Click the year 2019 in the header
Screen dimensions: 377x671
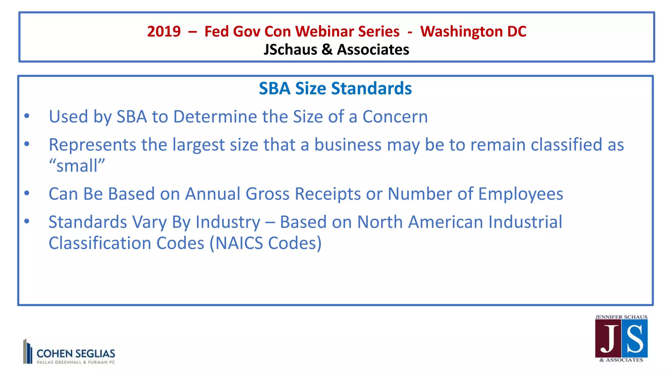pos(164,31)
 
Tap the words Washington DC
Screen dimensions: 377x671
pos(473,31)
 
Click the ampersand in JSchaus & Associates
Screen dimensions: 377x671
pos(327,50)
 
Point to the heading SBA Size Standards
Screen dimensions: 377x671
pos(335,88)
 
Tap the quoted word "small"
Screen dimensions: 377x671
pos(77,166)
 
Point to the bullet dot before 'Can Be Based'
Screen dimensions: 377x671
pos(27,193)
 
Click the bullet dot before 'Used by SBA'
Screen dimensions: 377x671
pos(27,116)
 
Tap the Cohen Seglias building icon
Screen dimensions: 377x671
pos(28,351)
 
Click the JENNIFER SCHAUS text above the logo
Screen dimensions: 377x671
pos(621,317)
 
